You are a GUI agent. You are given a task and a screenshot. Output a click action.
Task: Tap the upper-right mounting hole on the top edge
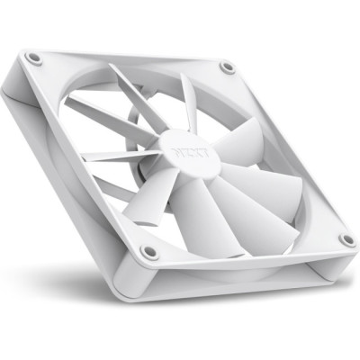pos(228,67)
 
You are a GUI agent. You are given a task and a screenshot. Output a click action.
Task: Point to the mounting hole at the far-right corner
pos(346,238)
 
